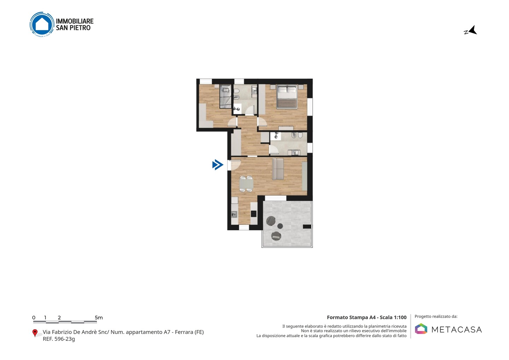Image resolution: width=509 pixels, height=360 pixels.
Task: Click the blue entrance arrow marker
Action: pos(218,165)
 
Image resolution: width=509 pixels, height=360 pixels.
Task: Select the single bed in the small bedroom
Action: pos(226,96)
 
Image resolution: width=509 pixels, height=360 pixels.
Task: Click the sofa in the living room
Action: pos(278,169)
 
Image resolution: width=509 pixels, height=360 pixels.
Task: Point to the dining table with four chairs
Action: pos(246,184)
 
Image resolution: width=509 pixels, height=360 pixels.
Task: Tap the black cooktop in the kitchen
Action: pos(253,214)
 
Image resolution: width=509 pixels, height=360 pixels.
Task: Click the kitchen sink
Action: pos(234,214)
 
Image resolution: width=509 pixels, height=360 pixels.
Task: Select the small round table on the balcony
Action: pos(280,226)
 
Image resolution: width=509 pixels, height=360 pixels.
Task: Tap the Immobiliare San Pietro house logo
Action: pos(42,24)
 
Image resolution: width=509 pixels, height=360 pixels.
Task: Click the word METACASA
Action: pos(457,330)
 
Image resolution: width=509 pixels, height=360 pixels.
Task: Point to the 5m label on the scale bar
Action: pos(99,318)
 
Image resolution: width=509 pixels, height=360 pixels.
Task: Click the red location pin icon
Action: pos(35,333)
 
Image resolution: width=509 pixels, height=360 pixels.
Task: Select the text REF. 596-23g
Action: pos(59,339)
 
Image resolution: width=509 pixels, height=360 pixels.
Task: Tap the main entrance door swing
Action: pos(235,165)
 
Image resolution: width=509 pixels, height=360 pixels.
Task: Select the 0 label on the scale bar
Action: pos(34,318)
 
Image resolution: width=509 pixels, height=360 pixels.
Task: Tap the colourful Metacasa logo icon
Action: pos(421,329)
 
